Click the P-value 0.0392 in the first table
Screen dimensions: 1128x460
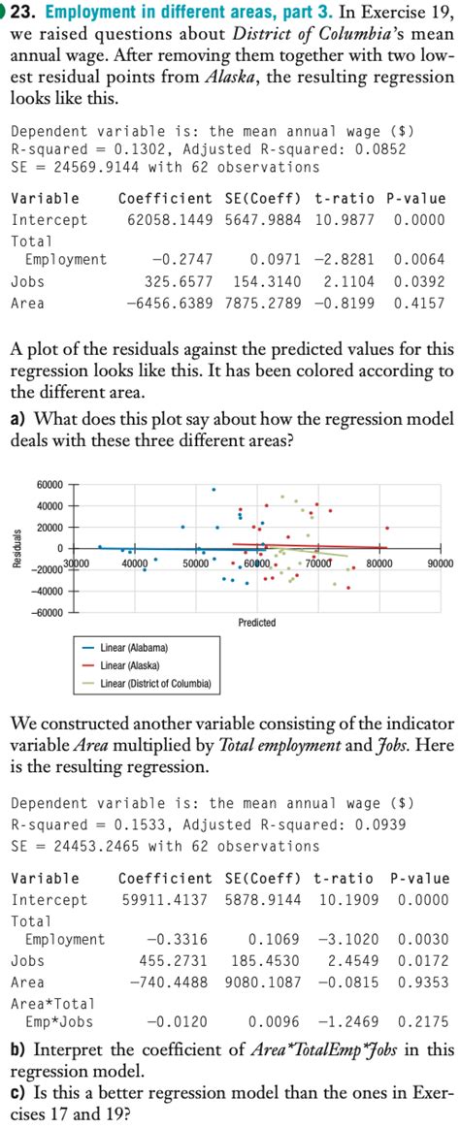click(419, 281)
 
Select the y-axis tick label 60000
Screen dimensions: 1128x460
click(50, 484)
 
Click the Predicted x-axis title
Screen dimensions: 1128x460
click(256, 622)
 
